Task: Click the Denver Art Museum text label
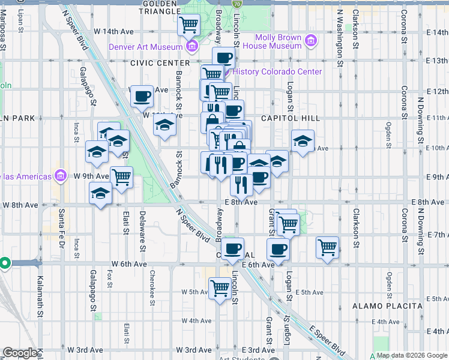click(146, 47)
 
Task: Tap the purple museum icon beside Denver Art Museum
click(191, 46)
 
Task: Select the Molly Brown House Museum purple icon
click(310, 41)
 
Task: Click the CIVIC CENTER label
click(158, 62)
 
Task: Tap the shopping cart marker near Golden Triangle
click(190, 25)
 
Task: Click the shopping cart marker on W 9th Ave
click(122, 177)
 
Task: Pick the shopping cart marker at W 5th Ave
click(220, 289)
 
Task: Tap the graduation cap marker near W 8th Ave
click(100, 194)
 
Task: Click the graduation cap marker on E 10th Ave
click(302, 142)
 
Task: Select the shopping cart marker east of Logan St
click(328, 247)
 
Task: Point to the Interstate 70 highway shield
click(237, 4)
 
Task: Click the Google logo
click(20, 353)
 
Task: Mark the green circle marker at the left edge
click(4, 263)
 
